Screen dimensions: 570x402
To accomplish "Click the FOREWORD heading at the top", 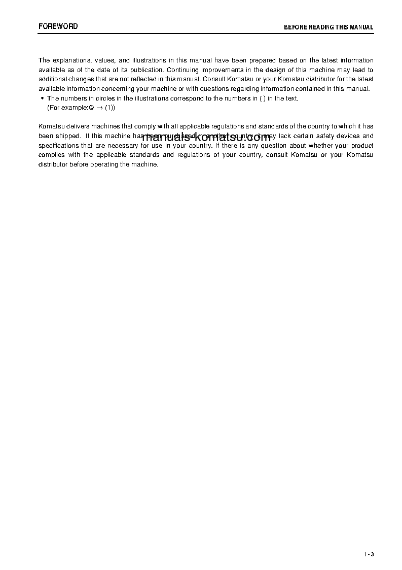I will (x=58, y=26).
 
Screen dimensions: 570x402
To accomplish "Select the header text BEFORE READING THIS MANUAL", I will (x=328, y=27).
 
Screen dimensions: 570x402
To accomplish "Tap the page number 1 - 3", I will (x=369, y=554).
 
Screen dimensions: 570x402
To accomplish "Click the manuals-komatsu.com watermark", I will (x=206, y=138).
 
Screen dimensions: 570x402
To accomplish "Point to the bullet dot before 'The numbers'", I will (x=42, y=98).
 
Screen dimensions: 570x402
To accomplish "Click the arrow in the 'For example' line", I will (x=100, y=108).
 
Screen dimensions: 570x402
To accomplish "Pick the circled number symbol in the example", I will (x=93, y=108).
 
